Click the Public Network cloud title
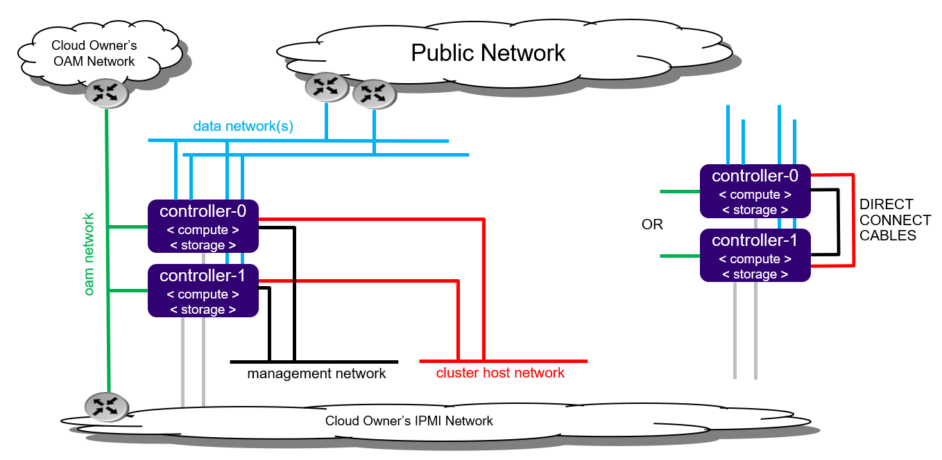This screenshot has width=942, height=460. pyautogui.click(x=488, y=53)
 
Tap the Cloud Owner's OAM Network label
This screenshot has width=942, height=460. pyautogui.click(x=94, y=53)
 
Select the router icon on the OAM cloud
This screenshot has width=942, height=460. pyautogui.click(x=106, y=93)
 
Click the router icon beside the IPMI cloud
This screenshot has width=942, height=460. pyautogui.click(x=106, y=407)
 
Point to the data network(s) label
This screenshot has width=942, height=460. pyautogui.click(x=243, y=127)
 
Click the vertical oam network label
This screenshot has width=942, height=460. pyautogui.click(x=89, y=254)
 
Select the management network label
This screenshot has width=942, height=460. pyautogui.click(x=316, y=374)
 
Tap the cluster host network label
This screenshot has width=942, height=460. pyautogui.click(x=500, y=373)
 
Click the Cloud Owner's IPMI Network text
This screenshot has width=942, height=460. pyautogui.click(x=409, y=421)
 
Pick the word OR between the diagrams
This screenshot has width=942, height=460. pyautogui.click(x=653, y=224)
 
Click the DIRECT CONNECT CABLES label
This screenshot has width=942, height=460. pyautogui.click(x=895, y=220)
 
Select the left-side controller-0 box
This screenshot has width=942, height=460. pyautogui.click(x=203, y=226)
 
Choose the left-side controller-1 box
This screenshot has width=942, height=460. pyautogui.click(x=203, y=291)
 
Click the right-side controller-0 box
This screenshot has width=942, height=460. pyautogui.click(x=755, y=191)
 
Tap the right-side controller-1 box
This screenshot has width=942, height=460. pyautogui.click(x=755, y=255)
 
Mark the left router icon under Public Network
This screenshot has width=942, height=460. pyautogui.click(x=325, y=87)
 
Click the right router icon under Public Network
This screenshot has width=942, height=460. pyautogui.click(x=373, y=93)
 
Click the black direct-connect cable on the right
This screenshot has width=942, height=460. pyautogui.click(x=839, y=222)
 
